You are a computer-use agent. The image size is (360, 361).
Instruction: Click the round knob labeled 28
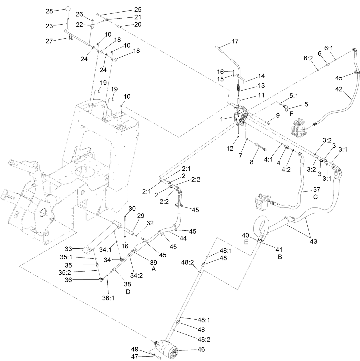(68, 9)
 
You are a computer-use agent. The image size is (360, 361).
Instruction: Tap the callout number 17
(235, 41)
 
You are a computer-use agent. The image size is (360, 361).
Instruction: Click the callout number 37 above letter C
(317, 190)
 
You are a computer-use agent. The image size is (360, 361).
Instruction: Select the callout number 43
(313, 242)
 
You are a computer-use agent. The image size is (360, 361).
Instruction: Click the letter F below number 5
(291, 113)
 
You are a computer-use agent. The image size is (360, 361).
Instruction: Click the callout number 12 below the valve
(230, 148)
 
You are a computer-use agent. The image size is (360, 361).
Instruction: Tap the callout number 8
(252, 162)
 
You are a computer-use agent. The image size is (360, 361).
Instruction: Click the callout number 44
(183, 238)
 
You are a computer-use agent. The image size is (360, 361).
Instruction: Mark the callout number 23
(49, 26)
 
